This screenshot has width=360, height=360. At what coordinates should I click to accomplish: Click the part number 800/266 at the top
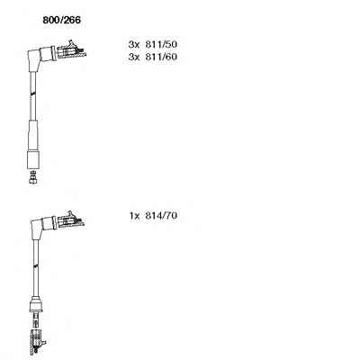tap(61, 20)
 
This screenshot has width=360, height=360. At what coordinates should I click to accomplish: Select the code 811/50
tap(161, 44)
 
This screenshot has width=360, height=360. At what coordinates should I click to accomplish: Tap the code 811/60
tap(161, 57)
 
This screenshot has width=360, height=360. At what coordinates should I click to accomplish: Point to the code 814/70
tap(161, 215)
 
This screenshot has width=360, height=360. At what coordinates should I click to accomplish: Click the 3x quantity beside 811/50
tap(134, 45)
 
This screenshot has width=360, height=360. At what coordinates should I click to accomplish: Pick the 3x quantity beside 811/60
tap(134, 57)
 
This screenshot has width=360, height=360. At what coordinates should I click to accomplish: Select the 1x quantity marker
tap(135, 216)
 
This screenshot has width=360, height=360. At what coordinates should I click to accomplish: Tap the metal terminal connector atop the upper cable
tap(71, 50)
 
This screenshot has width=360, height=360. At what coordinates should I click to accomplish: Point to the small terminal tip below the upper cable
tap(33, 177)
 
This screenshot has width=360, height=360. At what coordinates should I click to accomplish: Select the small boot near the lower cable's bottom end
tap(35, 303)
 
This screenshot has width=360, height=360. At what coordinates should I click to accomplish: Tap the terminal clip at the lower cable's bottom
tap(37, 342)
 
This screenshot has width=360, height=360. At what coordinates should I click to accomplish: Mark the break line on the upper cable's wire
tap(33, 94)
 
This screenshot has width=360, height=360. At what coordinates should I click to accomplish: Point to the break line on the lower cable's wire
tap(36, 265)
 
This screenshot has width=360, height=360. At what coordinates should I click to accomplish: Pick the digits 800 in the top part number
tap(51, 20)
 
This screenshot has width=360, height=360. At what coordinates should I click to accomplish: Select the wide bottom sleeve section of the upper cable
tap(33, 160)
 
